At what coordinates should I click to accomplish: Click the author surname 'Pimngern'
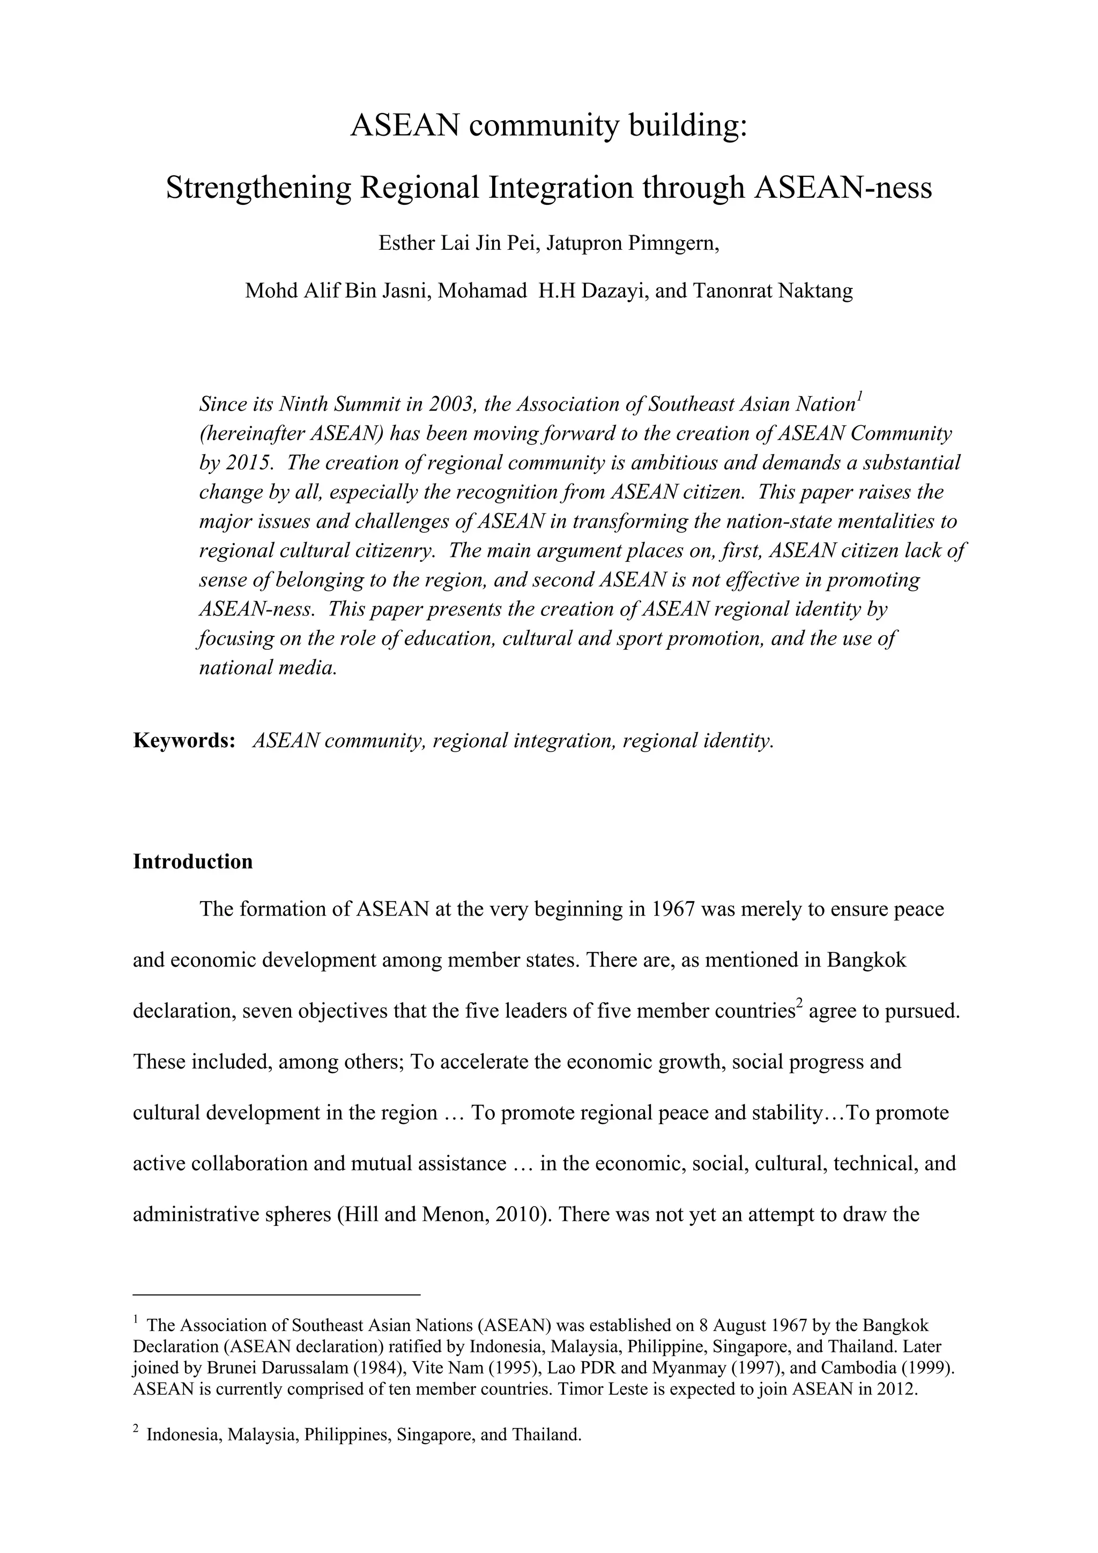pyautogui.click(x=671, y=243)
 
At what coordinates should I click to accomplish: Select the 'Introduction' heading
pyautogui.click(x=193, y=861)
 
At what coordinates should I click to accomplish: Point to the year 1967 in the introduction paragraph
pyautogui.click(x=673, y=910)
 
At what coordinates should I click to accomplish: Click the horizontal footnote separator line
pyautogui.click(x=277, y=1295)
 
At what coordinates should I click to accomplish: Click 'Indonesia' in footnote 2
pyautogui.click(x=184, y=1435)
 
